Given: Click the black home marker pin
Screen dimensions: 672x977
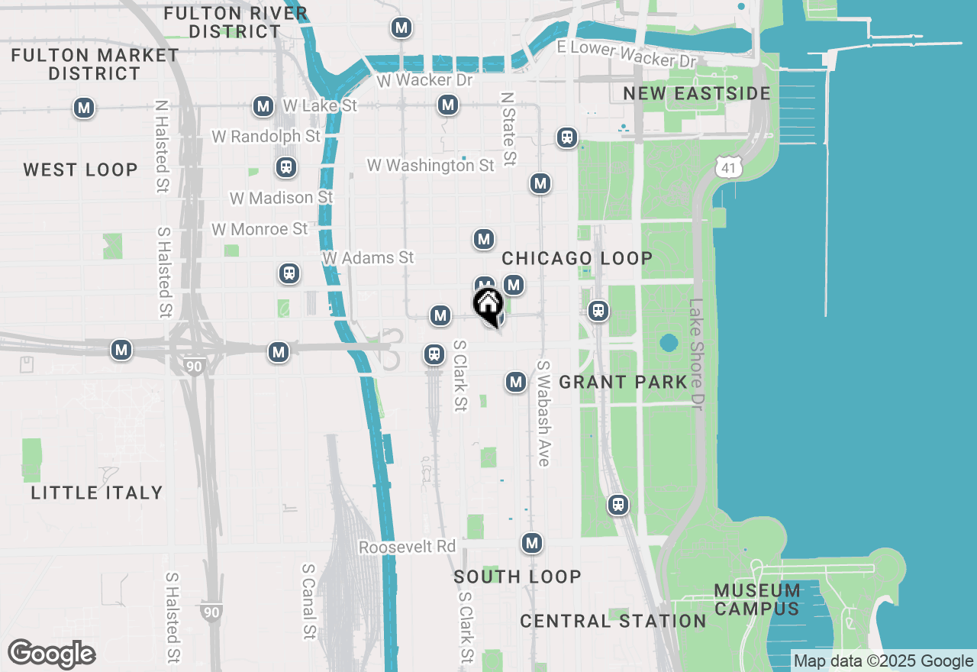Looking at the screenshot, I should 488,306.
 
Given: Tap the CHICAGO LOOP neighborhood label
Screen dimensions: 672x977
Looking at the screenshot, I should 577,258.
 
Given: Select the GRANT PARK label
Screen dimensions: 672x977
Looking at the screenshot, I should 624,382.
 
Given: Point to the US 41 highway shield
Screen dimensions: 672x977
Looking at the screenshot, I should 729,166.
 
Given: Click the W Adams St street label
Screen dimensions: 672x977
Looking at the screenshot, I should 368,258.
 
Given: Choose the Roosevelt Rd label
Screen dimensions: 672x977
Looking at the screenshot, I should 407,548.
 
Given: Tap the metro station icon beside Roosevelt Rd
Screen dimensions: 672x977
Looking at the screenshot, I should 532,544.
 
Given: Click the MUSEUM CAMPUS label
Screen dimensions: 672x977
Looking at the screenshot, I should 758,599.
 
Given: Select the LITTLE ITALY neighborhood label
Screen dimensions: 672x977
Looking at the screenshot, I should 97,493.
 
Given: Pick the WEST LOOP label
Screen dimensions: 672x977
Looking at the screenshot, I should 80,170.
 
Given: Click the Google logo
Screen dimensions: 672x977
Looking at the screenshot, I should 51,654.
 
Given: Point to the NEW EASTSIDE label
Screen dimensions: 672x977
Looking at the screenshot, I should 697,93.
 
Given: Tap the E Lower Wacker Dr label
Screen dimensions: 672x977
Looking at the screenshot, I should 627,53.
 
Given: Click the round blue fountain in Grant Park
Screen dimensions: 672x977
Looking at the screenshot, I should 669,343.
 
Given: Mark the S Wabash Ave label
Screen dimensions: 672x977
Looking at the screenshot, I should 543,413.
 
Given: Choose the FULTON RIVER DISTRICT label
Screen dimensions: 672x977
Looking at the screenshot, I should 236,22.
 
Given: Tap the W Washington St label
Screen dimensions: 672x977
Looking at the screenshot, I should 430,166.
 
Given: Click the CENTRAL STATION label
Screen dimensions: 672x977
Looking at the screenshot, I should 614,621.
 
